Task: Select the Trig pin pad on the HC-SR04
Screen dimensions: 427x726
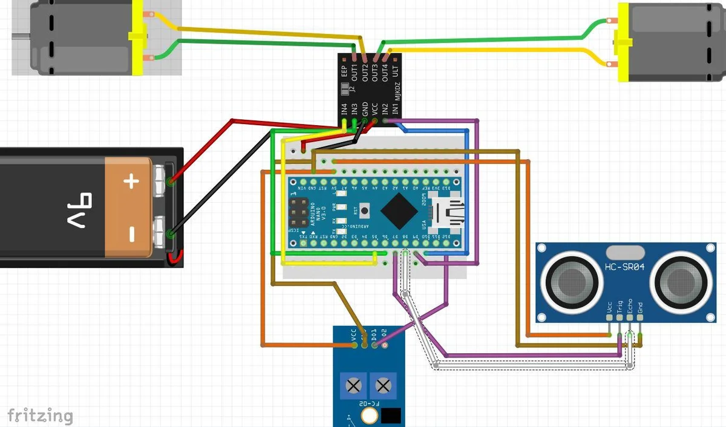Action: [620, 316]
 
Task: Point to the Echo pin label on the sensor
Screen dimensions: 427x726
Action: [630, 305]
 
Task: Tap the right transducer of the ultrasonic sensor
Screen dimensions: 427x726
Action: [678, 281]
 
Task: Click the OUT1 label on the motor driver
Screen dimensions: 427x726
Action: [355, 74]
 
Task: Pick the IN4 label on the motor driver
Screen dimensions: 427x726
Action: [344, 110]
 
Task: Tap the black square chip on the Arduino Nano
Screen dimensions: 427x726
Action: [399, 210]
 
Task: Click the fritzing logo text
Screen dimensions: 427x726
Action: [40, 416]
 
